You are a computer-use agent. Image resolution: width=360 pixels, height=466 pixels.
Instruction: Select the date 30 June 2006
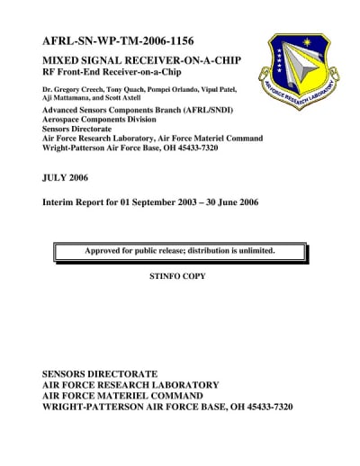[229, 202]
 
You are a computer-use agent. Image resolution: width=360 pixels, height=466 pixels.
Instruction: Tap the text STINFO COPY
[180, 278]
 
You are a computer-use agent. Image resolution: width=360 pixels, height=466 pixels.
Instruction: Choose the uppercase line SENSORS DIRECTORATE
[100, 372]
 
